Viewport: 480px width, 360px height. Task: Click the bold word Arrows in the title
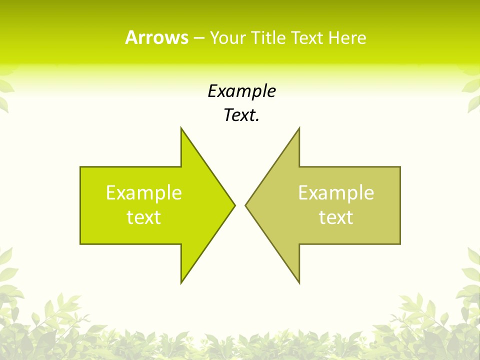point(156,37)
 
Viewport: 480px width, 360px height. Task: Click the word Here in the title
point(347,37)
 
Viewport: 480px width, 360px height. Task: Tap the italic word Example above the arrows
point(241,91)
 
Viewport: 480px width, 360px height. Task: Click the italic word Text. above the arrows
point(241,115)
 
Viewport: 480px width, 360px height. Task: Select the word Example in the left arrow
point(144,193)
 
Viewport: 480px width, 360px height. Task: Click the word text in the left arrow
point(144,217)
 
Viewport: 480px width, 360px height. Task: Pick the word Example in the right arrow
point(336,193)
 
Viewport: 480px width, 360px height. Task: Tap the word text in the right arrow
point(336,217)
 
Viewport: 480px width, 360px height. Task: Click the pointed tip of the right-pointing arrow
point(235,205)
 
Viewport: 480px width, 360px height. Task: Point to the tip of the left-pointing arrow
point(245,205)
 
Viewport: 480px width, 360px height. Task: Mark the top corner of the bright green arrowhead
point(181,127)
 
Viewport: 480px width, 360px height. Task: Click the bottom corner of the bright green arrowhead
point(181,283)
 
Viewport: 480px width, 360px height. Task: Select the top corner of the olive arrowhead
point(299,127)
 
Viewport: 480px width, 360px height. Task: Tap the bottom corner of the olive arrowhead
point(299,283)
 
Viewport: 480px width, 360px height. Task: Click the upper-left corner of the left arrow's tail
point(80,167)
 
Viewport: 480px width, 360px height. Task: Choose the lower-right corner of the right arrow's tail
point(400,244)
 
